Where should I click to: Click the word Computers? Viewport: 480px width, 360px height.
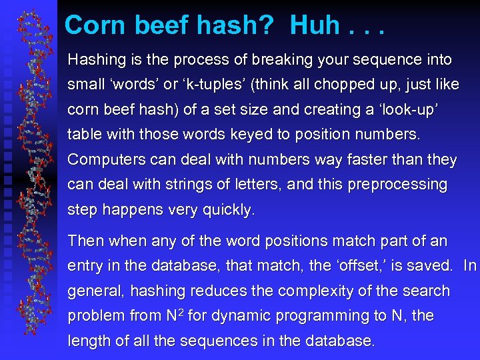pyautogui.click(x=107, y=160)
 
